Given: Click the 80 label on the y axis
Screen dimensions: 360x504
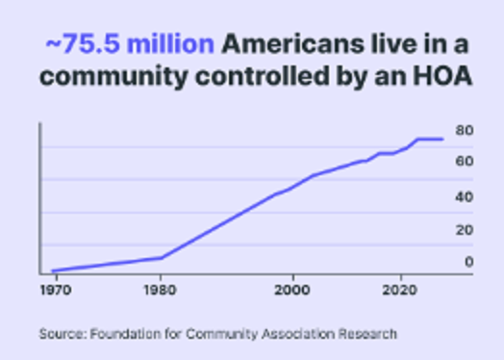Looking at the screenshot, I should [464, 131].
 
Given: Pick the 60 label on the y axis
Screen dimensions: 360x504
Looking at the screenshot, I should [464, 162].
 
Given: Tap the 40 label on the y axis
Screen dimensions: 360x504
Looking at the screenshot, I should [464, 197].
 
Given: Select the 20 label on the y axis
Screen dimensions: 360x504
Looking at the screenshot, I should [464, 230].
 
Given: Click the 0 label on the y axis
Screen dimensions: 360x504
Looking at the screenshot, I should [468, 261].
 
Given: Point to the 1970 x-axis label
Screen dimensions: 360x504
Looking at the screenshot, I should [52, 288].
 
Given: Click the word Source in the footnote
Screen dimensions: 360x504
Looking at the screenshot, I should [62, 334].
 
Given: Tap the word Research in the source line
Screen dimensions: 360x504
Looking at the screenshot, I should [366, 334].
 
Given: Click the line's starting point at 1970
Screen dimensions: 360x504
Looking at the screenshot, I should [53, 270].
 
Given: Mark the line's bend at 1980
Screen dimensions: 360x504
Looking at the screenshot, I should [161, 257].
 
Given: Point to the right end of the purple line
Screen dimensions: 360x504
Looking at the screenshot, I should [441, 140].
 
